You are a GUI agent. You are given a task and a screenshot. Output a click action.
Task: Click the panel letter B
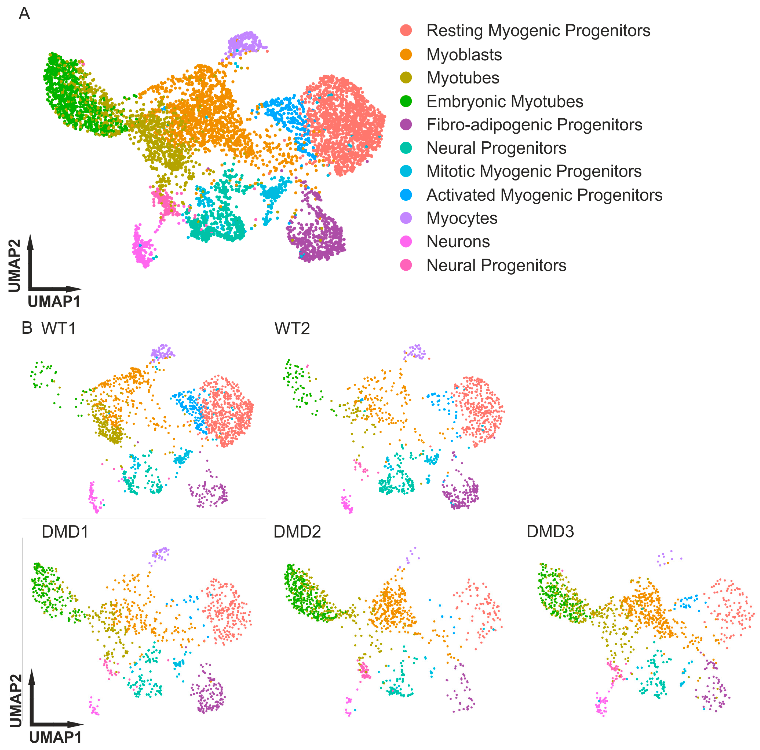pos(27,327)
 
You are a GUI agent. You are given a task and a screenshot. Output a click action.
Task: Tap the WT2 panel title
pos(292,328)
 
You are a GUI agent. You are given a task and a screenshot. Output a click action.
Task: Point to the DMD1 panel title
pos(65,532)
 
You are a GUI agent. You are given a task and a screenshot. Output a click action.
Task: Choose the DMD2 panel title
pos(297,532)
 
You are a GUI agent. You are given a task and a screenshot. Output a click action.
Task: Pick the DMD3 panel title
pos(550,532)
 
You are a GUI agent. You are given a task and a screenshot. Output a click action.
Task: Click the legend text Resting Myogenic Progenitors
pos(538,31)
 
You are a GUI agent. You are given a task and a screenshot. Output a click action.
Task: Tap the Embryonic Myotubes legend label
pos(505,102)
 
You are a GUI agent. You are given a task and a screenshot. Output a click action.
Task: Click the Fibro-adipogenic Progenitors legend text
pos(534,125)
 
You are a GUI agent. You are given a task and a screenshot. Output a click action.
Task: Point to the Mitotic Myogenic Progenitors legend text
pos(534,171)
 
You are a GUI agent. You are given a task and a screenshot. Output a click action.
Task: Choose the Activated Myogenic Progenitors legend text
pos(544,195)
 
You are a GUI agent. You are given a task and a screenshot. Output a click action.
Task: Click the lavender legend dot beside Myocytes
pos(406,218)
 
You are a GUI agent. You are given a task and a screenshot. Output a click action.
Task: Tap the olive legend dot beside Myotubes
pos(406,78)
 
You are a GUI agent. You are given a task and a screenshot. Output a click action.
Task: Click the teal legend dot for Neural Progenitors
pos(406,148)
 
